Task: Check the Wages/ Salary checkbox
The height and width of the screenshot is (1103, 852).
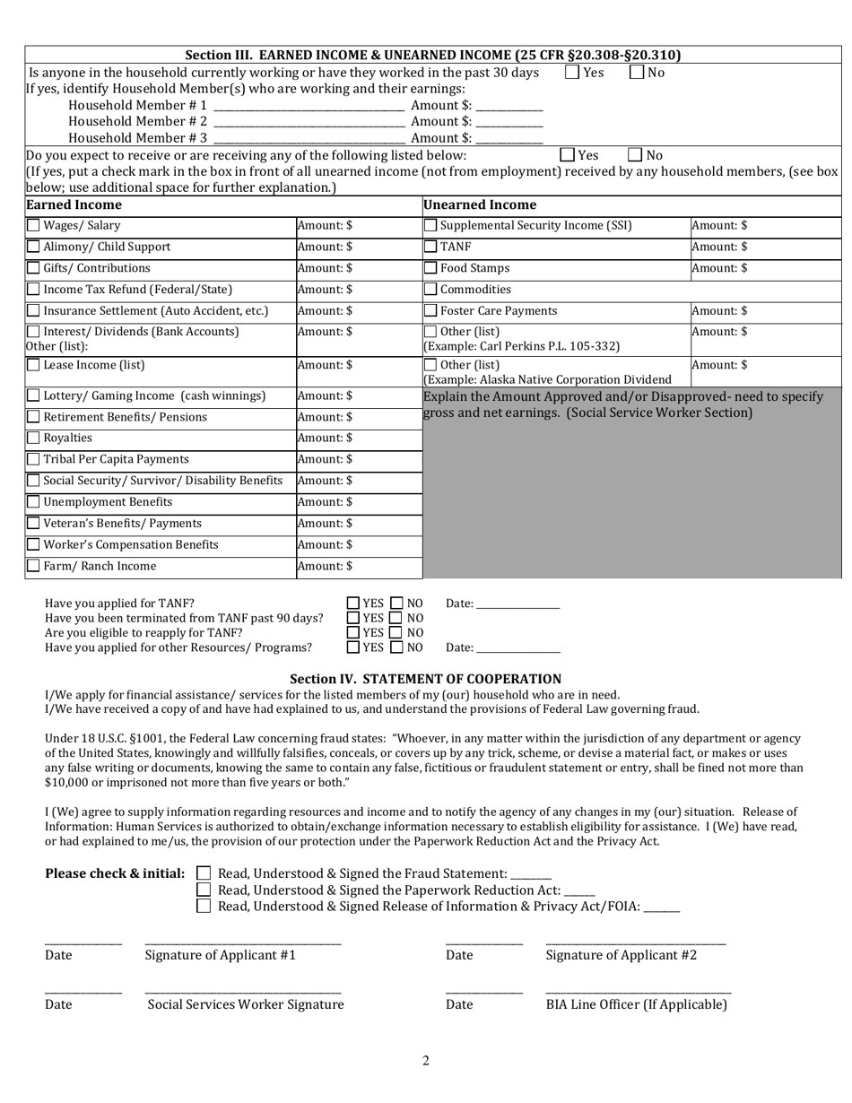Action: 33,226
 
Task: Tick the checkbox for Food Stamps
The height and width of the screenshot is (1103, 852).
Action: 430,268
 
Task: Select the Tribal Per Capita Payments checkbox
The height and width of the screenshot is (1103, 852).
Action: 33,460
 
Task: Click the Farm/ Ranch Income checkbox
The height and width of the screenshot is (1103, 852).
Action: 33,567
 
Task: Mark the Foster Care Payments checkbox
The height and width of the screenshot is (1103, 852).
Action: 430,311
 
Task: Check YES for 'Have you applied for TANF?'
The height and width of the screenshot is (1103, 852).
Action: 353,604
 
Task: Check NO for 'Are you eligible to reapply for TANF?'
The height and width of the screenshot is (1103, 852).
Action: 398,633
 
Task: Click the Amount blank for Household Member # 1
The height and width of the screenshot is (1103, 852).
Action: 509,107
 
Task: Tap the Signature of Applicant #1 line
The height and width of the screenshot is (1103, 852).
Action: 242,941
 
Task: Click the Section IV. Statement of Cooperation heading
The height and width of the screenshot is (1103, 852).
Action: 425,679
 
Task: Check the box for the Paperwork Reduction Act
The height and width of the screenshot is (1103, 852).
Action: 204,890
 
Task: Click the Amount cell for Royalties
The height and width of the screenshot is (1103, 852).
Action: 358,439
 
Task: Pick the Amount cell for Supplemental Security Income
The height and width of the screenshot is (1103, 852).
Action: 765,226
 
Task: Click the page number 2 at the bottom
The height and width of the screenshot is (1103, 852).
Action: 426,1062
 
